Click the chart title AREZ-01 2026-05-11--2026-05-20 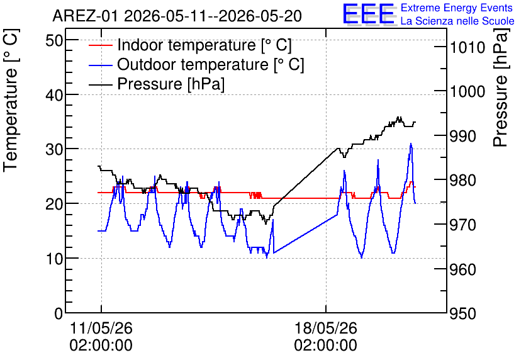coord(177,16)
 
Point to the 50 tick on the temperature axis coord(54,41)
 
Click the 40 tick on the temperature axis coord(54,95)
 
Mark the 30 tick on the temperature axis coord(54,150)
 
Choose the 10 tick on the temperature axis coord(54,259)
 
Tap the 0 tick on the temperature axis coord(59,313)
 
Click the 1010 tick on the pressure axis coord(467,48)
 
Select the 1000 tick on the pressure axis coord(467,92)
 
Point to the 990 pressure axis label coord(463,136)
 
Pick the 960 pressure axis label coord(463,269)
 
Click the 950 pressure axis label coord(463,314)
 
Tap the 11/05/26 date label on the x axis coord(101,328)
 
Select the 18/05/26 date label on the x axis coord(326,328)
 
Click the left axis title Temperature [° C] coord(11,101)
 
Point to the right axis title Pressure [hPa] coord(501,87)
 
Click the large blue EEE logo coord(369,14)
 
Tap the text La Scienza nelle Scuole coord(457,21)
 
